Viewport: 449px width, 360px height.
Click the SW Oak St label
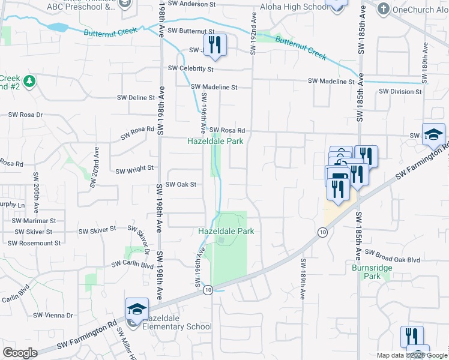(x=181, y=185)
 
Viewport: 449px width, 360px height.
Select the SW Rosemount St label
(x=34, y=243)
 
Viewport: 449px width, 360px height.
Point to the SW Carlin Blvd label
(x=132, y=265)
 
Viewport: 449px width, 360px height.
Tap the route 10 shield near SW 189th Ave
(x=323, y=232)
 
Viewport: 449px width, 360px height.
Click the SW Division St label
(x=400, y=92)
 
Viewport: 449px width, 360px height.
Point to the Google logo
(x=20, y=353)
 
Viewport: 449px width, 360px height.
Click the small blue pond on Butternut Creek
(x=58, y=28)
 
